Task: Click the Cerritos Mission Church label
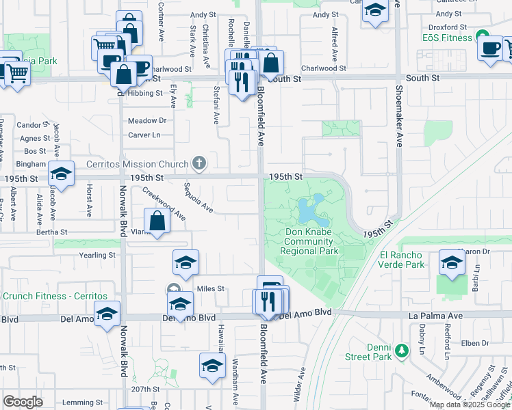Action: (x=137, y=164)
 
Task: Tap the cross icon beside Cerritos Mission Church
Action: (x=199, y=163)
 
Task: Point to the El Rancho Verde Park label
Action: (x=401, y=260)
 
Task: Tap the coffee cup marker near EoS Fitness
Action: (x=491, y=50)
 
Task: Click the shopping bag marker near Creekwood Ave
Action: (x=157, y=221)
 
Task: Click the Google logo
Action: (x=23, y=402)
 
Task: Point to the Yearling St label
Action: (x=99, y=255)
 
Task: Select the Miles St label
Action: (x=211, y=288)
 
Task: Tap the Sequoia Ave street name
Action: (x=198, y=197)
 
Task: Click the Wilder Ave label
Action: (x=302, y=383)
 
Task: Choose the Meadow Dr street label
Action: (x=147, y=121)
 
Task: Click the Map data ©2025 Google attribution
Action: (x=470, y=405)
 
